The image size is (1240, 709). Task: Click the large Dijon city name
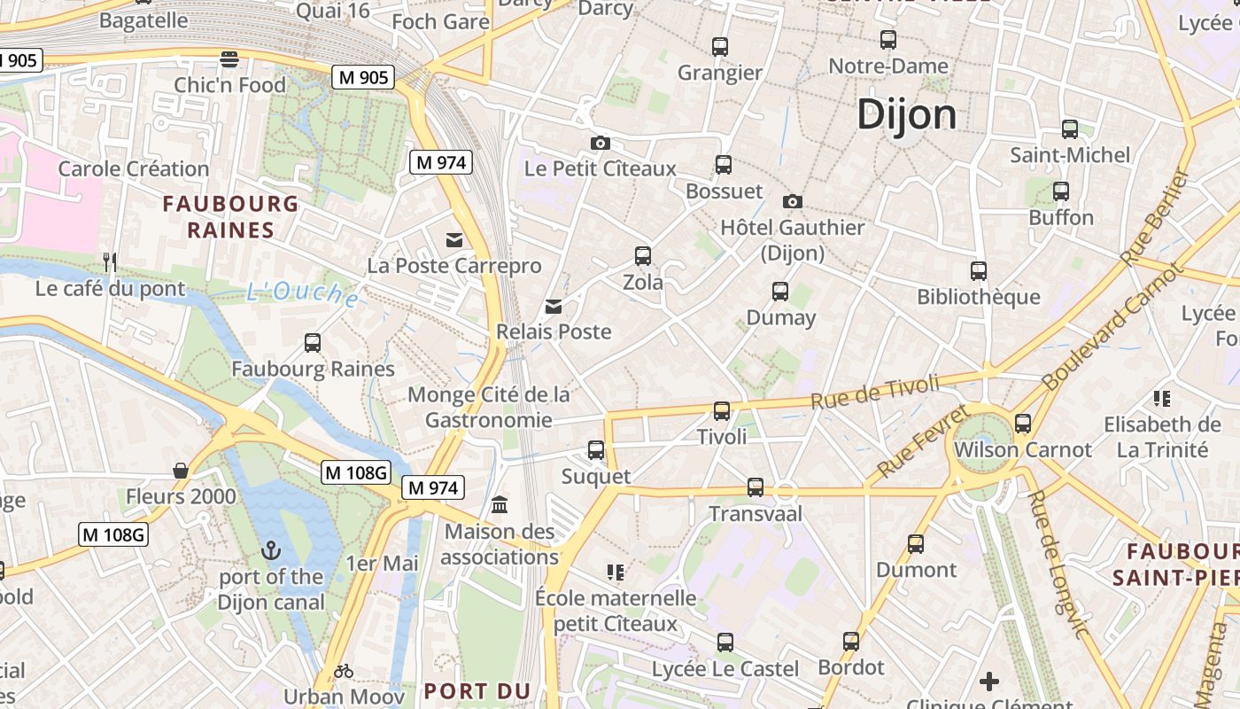coord(907,115)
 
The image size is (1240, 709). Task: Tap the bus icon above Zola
coord(643,256)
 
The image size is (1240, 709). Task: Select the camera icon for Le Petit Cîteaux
coord(600,143)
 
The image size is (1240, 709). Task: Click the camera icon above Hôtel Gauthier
coord(793,201)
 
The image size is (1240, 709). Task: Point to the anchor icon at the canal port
coord(271,551)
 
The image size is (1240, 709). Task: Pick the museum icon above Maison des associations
coord(500,504)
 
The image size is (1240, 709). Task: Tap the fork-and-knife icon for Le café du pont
coord(110,261)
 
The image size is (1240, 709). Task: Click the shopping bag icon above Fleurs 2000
coord(181,470)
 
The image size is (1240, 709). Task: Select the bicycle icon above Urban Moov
coord(344,671)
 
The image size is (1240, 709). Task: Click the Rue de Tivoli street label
coord(874,392)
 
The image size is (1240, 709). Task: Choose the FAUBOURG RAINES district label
coord(230,217)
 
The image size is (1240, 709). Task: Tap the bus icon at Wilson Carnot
coord(1023,423)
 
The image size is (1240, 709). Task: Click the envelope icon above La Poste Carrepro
coord(454,239)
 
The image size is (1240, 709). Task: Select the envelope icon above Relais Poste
coord(554,306)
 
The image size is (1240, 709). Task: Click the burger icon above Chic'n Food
coord(229,59)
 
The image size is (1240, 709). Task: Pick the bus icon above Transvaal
coord(755,487)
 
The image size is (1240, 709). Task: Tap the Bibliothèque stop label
coord(978,297)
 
